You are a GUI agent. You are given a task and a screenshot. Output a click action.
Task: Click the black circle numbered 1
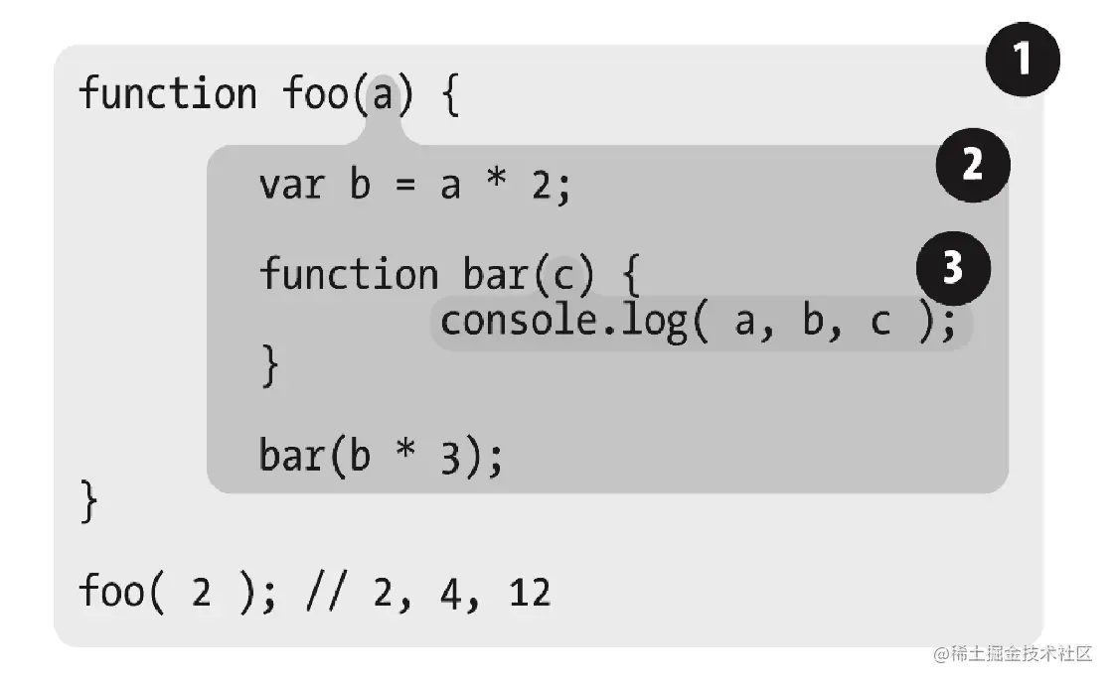point(1023,61)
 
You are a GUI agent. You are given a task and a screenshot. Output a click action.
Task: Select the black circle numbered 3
point(953,268)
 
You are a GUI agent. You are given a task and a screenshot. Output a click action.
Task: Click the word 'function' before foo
point(168,95)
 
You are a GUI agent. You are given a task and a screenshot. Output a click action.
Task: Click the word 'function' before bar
point(349,274)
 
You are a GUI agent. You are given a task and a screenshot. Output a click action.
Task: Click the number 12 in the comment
point(529,594)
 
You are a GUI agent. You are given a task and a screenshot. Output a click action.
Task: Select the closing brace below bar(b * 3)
point(89,502)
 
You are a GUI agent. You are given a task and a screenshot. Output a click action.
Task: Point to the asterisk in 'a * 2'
point(497,186)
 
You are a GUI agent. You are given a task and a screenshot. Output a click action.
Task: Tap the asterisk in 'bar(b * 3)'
point(404,456)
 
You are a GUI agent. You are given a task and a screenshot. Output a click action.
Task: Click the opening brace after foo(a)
point(448,97)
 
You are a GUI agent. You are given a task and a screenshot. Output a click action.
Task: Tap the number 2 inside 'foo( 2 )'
point(201,594)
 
